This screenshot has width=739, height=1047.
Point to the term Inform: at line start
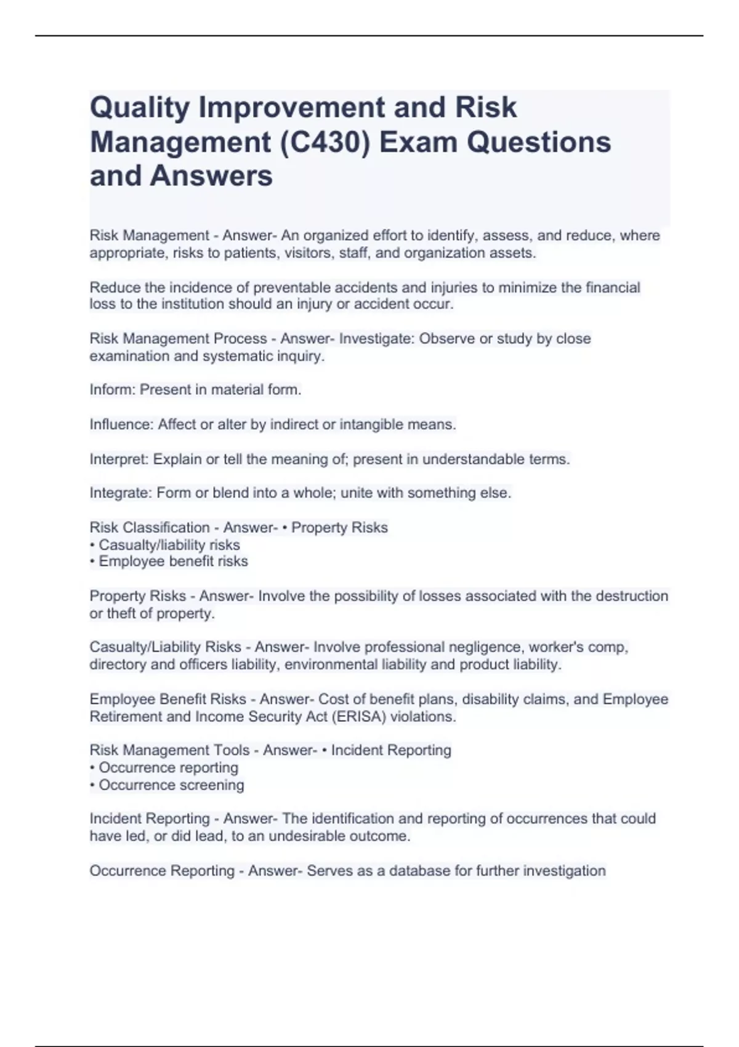(113, 390)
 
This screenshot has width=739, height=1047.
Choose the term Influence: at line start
(121, 424)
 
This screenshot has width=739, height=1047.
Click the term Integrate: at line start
(121, 493)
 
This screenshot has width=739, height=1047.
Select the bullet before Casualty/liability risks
(92, 545)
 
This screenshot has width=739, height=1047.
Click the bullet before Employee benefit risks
(92, 562)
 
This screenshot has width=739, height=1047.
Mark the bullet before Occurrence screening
(92, 785)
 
